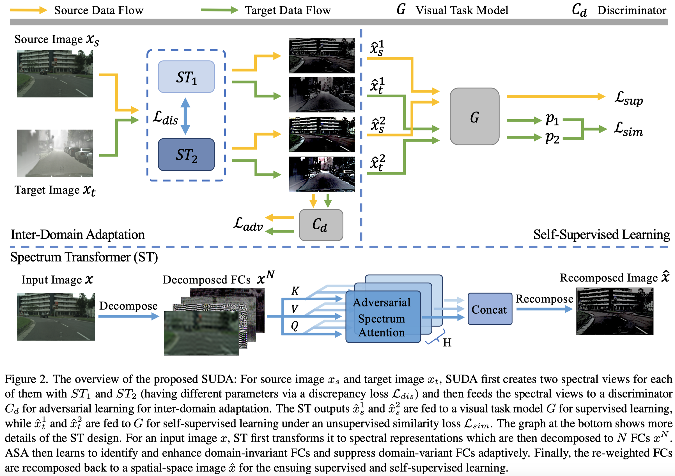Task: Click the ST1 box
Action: point(186,77)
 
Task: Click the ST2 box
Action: point(186,155)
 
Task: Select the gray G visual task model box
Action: point(474,116)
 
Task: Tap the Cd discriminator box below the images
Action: point(321,225)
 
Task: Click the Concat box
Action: point(490,309)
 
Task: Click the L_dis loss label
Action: point(166,118)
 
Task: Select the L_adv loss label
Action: point(248,224)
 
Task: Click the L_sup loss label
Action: point(628,98)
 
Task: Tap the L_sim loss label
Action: point(628,129)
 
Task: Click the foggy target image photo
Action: point(55,153)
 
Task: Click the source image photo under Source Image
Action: point(55,74)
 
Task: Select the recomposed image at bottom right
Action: point(614,311)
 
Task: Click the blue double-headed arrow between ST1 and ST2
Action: point(185,116)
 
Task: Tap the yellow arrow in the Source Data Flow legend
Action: point(28,10)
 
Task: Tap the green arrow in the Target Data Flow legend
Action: point(219,10)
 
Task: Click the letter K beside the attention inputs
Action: point(295,291)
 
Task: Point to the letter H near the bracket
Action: point(447,343)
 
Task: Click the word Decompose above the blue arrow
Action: point(128,306)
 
